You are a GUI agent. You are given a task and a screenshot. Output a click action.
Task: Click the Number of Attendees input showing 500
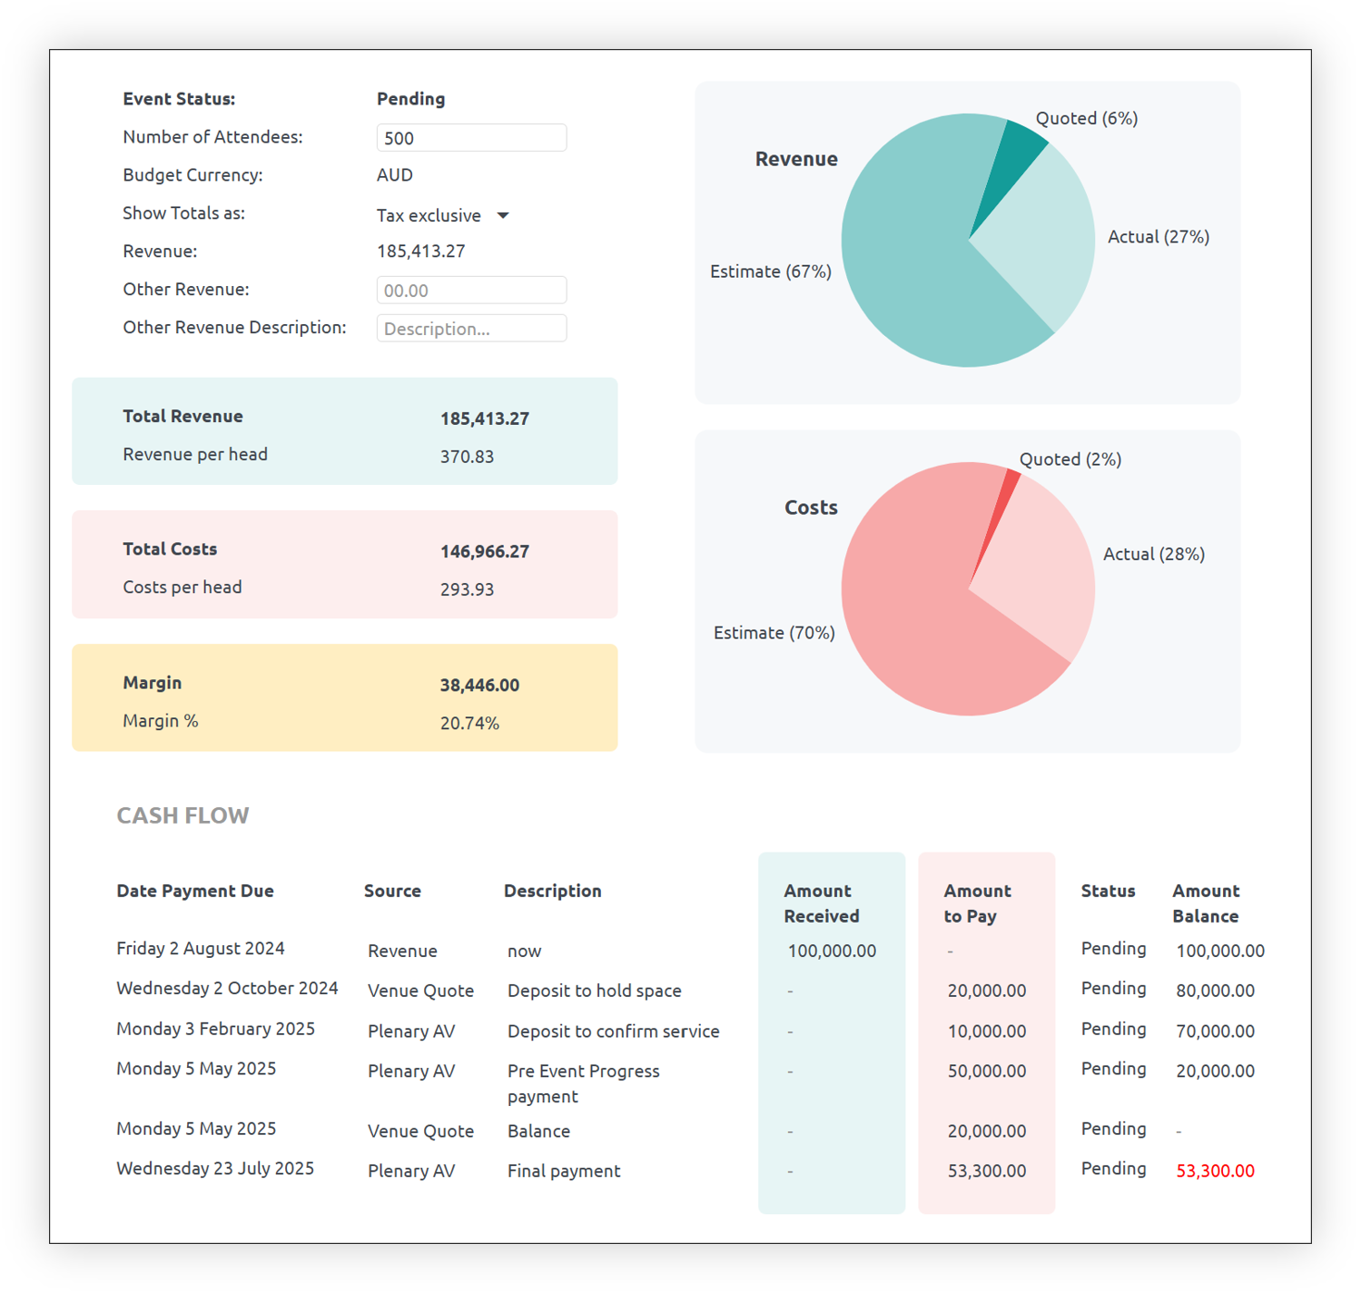coord(471,138)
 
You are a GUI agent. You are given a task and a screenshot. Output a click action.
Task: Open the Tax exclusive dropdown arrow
coord(503,215)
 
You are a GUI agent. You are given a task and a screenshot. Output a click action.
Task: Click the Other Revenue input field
coord(471,291)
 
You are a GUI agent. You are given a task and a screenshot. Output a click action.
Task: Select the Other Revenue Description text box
coord(471,329)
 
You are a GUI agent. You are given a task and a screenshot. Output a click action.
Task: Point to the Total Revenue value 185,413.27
coord(484,419)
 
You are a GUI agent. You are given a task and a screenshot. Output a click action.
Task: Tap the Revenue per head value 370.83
coord(467,457)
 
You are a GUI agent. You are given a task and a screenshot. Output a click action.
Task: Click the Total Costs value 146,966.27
coord(484,551)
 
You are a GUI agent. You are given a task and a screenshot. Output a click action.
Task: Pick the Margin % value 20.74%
coord(469,724)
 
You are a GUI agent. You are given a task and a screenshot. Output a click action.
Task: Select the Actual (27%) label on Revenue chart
coord(1158,237)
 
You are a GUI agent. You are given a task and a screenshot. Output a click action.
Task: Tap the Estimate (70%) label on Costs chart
coord(774,633)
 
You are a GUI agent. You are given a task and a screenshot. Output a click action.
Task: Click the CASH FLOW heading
coord(182,815)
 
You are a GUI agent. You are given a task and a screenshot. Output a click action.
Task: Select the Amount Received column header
coord(821,903)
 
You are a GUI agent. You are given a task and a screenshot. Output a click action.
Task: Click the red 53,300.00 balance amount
coord(1215,1170)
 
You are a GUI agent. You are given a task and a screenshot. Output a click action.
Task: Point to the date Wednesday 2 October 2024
coord(227,988)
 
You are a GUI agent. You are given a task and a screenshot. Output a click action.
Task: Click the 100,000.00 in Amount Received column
coord(832,951)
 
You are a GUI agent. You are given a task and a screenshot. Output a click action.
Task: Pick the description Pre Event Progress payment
coord(583,1083)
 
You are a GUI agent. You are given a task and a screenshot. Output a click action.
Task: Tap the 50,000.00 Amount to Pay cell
coord(986,1071)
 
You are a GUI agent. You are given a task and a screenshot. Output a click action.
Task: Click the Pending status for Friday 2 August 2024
coord(1113,949)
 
